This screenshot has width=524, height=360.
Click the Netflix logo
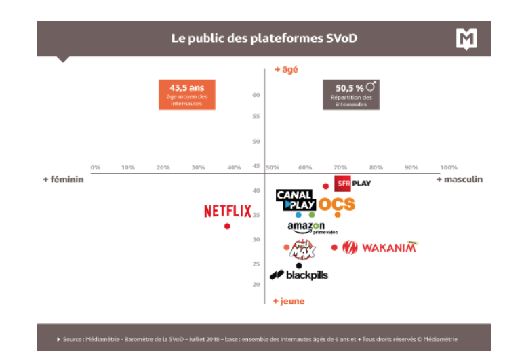click(228, 211)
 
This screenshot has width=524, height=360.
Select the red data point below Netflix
click(227, 226)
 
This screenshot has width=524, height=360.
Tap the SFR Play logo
click(352, 184)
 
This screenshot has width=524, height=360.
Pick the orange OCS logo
click(336, 204)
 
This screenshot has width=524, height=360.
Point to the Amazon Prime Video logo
click(312, 228)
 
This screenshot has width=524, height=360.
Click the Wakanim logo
click(380, 247)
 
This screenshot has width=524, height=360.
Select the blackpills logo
click(299, 275)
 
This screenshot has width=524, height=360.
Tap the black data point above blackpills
click(299, 265)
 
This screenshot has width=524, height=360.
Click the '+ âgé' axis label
click(285, 69)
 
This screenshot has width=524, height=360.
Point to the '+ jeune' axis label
click(288, 301)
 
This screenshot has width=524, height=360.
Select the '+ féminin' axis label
click(63, 180)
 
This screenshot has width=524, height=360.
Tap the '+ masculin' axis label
click(460, 180)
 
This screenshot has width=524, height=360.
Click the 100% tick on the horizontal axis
click(449, 167)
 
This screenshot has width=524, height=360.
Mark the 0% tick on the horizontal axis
click(96, 167)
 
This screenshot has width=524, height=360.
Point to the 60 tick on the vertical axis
click(256, 95)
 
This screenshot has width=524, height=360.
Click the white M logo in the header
click(466, 38)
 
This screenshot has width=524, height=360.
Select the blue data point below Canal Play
click(298, 215)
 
